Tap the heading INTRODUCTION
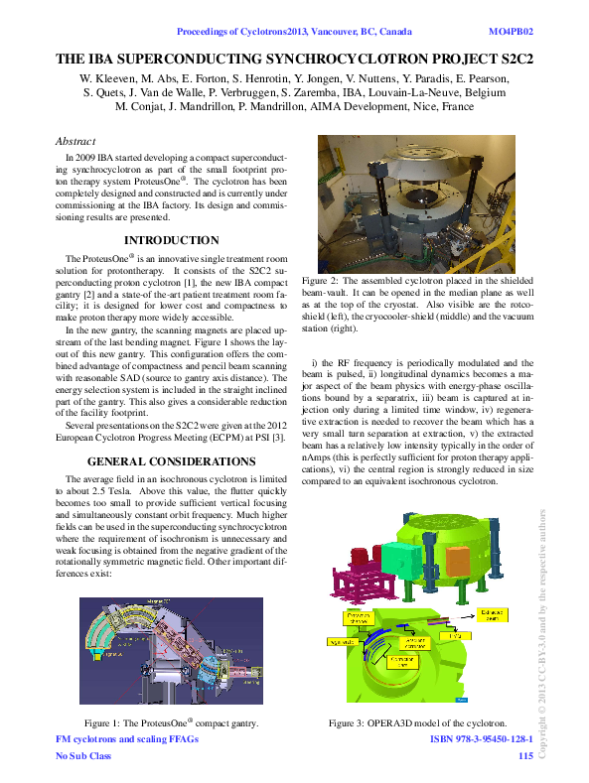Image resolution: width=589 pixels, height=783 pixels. pyautogui.click(x=171, y=240)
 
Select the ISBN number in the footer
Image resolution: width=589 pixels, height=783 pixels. pyautogui.click(x=481, y=740)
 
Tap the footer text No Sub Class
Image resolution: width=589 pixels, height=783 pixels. pyautogui.click(x=83, y=756)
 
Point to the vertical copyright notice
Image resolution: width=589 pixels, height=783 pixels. pyautogui.click(x=542, y=635)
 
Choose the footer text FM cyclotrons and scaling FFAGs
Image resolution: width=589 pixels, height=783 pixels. pyautogui.click(x=127, y=740)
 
